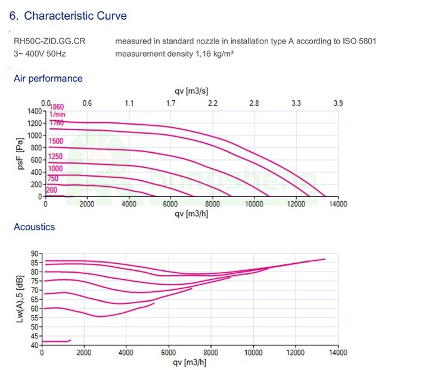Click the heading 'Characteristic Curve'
75,16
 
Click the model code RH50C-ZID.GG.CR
49,41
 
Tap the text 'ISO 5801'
359,41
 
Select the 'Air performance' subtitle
48,78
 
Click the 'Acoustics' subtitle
34,227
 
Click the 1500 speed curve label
56,141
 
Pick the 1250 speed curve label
56,156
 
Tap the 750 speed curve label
54,178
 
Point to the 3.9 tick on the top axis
338,103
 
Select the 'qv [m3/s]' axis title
191,91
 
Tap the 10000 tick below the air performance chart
254,204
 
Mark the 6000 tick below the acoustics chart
169,353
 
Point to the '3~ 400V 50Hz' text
39,53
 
